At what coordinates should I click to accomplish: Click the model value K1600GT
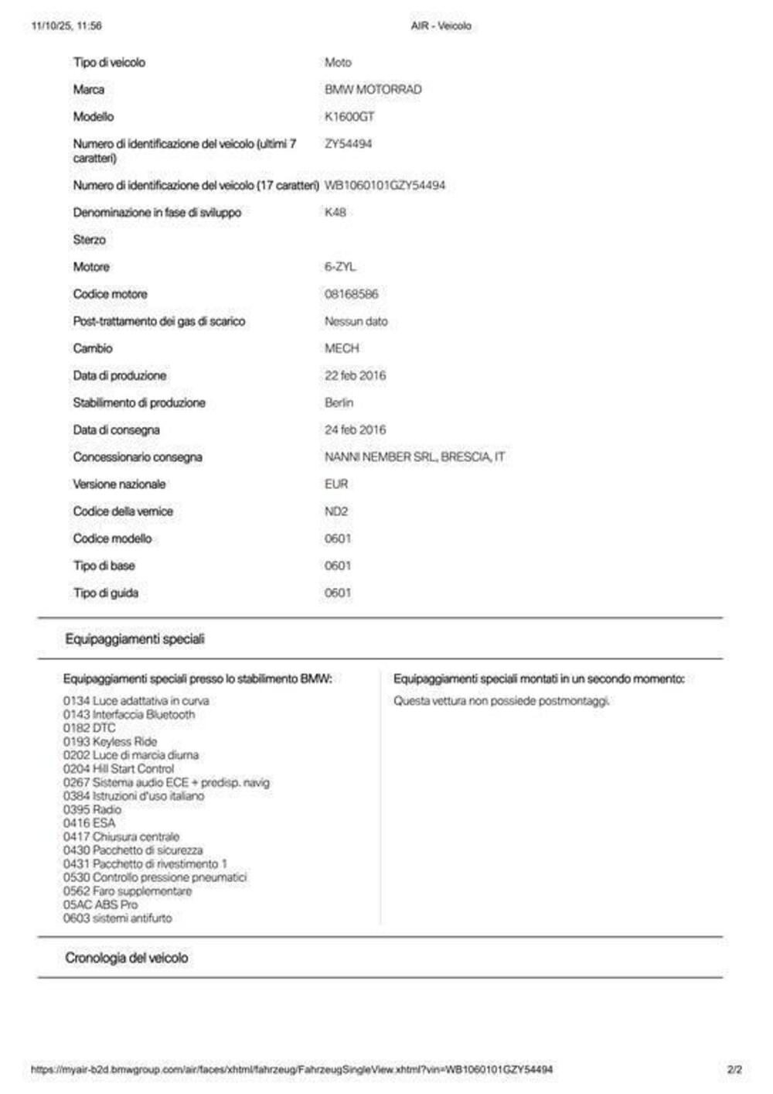pos(349,117)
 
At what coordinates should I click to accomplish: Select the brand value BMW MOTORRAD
pos(373,90)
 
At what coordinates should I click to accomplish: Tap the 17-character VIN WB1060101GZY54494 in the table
pos(385,186)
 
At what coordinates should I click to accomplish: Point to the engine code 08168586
pos(352,294)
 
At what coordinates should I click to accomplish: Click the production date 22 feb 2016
pos(355,376)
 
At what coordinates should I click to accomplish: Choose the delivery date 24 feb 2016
pos(355,430)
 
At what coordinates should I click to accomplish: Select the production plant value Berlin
pos(339,403)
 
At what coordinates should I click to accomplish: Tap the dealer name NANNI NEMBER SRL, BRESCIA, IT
pos(414,457)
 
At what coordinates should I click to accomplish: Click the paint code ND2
pos(336,511)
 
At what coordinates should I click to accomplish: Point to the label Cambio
pos(93,349)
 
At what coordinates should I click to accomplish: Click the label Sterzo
pos(90,240)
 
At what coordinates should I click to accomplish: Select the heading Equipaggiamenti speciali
pos(135,639)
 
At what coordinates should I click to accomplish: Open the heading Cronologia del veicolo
pos(126,958)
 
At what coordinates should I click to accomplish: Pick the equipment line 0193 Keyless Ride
pos(110,741)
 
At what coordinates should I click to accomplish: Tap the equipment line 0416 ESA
pos(89,823)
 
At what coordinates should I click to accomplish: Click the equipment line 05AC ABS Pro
pos(100,904)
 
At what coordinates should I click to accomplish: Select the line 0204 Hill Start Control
pos(118,769)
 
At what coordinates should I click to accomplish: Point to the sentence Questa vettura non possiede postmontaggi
pos(502,701)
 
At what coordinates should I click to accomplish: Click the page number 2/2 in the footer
pos(734,1070)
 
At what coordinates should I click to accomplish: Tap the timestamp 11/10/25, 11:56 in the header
pos(66,26)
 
